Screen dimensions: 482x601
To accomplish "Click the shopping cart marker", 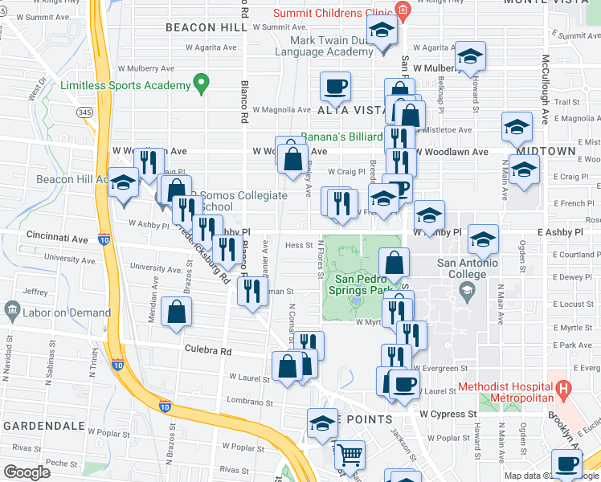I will click(350, 455).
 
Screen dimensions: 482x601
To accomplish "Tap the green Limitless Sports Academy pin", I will click(201, 83).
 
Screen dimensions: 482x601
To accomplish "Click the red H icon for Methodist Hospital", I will click(563, 392).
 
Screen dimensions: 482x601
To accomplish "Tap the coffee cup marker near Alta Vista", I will click(335, 85).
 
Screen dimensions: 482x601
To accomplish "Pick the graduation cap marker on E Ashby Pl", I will click(483, 239).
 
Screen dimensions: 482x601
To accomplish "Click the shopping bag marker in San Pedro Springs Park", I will click(395, 262).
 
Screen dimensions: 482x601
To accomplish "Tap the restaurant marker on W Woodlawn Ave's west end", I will click(148, 162).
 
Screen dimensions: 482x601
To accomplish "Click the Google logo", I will click(27, 472).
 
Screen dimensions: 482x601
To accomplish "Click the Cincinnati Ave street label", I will click(55, 239).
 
